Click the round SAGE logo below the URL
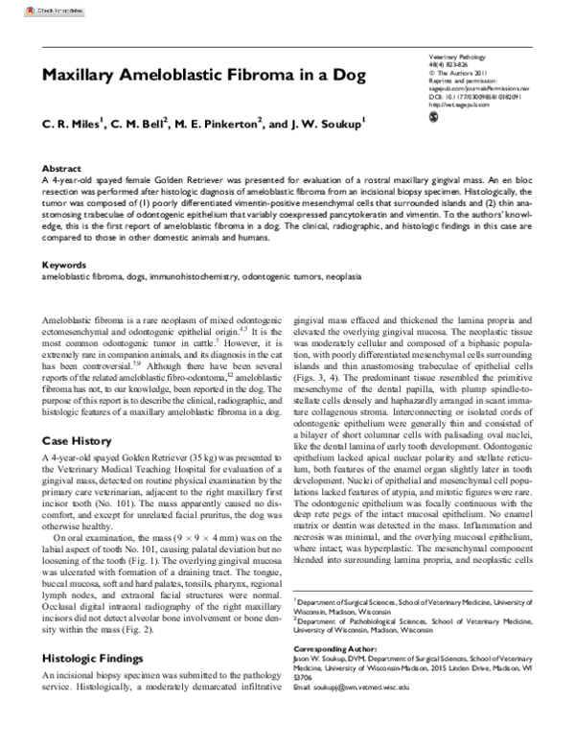[433, 117]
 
